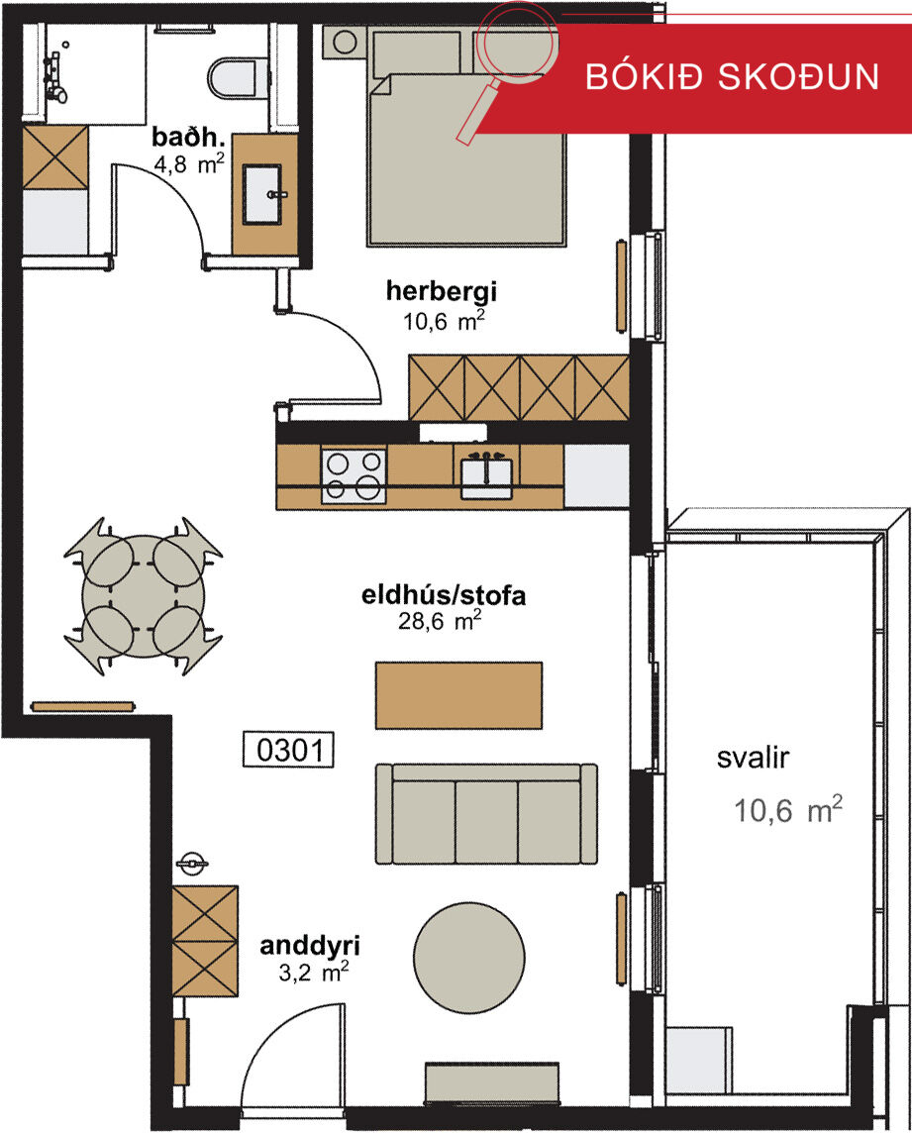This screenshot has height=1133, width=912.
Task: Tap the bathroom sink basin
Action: click(x=261, y=194)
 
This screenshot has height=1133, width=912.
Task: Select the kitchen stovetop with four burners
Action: click(x=354, y=475)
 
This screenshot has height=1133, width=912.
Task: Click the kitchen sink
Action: click(x=486, y=477)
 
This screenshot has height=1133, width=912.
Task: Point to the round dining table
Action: click(x=143, y=596)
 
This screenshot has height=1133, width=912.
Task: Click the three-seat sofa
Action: click(x=486, y=814)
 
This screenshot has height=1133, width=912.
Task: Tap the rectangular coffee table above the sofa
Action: click(x=458, y=695)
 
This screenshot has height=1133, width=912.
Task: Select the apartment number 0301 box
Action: click(x=288, y=750)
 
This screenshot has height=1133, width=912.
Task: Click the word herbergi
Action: click(x=441, y=290)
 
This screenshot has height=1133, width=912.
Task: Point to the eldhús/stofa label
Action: click(x=444, y=595)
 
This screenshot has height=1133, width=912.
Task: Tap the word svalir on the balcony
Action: click(x=753, y=758)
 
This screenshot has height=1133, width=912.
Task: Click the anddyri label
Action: click(x=310, y=946)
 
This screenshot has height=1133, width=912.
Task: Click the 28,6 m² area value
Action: click(x=440, y=621)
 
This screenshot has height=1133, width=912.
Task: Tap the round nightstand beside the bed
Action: click(x=344, y=43)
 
